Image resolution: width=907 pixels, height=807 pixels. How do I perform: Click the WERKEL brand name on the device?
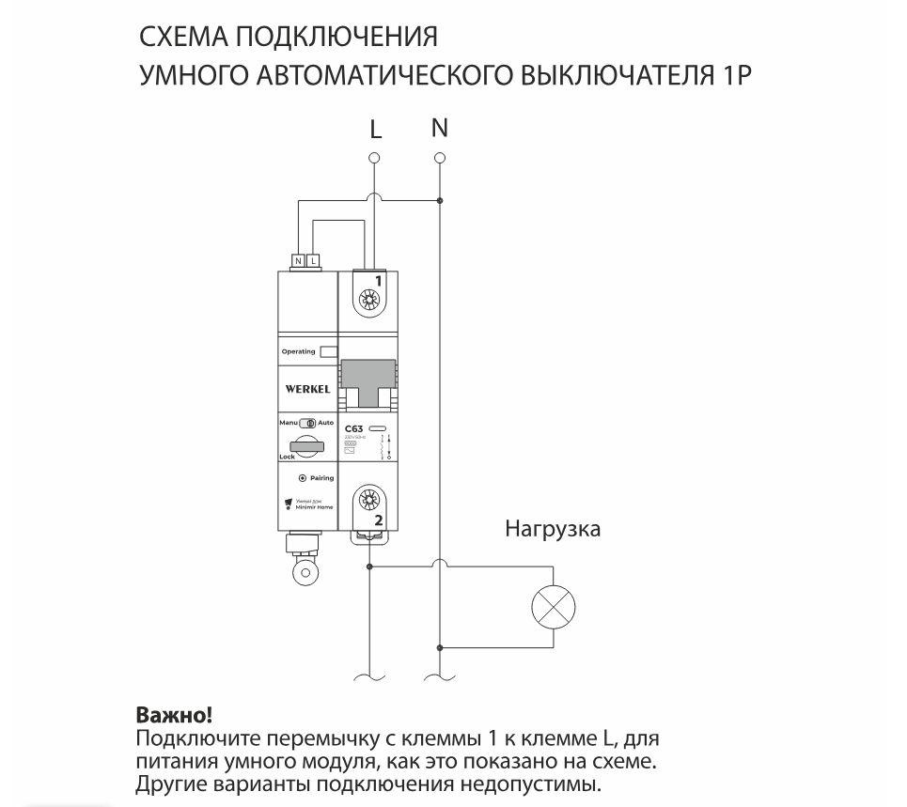pos(307,388)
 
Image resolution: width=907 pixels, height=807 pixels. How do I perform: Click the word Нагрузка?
pos(553,529)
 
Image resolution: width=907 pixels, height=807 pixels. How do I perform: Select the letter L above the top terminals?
pos(375,129)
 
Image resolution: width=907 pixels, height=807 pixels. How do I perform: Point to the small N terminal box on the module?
pos(299,259)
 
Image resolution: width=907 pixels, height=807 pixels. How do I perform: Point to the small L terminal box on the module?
pos(314,259)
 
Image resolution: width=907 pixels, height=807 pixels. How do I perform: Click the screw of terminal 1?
pos(369,299)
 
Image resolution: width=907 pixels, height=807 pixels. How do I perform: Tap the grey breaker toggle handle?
pos(368,380)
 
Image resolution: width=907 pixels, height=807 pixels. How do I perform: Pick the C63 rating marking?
pos(354,429)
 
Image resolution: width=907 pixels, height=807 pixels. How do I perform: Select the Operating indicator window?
pos(328,351)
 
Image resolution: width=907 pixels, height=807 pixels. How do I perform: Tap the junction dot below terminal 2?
pos(369,566)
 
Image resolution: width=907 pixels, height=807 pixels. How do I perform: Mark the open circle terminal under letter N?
pos(440,157)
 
